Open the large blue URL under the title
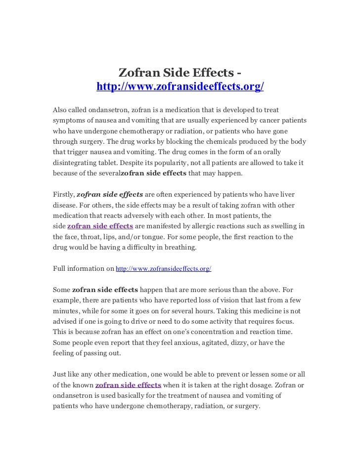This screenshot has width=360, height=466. [180, 87]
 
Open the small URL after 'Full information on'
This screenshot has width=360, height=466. [163, 269]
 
